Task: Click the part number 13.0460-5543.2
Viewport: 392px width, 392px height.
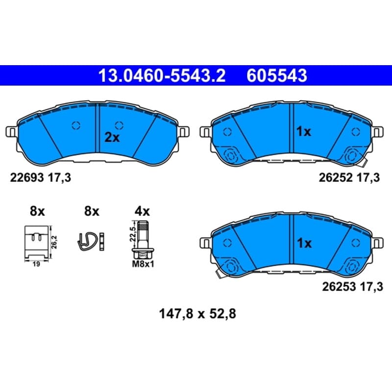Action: point(162,75)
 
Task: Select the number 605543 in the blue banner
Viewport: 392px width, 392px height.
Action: point(277,75)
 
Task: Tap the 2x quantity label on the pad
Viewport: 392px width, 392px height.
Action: point(112,137)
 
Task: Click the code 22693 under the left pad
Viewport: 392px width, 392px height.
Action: point(27,178)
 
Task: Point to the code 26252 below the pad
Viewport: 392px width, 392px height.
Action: point(336,178)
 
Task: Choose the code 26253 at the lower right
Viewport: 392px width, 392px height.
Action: point(339,287)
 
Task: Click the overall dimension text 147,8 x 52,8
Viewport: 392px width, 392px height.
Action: point(197,314)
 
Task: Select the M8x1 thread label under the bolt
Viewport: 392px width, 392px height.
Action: point(143,264)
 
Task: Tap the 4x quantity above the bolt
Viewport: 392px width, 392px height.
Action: point(142,212)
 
